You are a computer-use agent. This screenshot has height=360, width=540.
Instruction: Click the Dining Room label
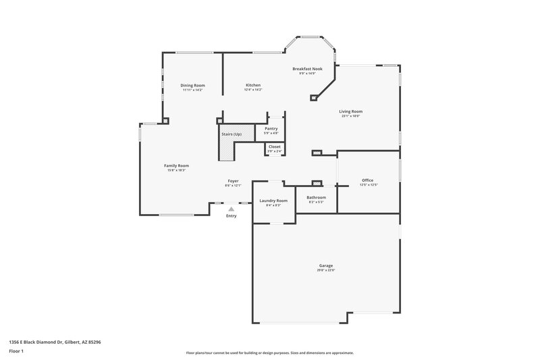(192, 85)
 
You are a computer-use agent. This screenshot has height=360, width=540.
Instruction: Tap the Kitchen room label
(252, 85)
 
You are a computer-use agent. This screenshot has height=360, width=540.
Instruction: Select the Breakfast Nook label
(307, 69)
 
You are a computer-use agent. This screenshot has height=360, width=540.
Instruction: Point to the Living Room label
(350, 111)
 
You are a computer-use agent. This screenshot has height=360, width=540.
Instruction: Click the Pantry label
(271, 128)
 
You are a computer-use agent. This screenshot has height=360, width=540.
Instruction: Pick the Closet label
(274, 147)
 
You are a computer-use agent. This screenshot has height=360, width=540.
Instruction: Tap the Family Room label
(176, 165)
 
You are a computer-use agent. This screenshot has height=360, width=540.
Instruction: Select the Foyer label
(233, 181)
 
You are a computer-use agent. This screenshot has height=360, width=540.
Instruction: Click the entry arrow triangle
(231, 209)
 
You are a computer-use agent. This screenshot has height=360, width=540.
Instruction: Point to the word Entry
(231, 216)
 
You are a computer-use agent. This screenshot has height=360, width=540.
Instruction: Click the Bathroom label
(316, 197)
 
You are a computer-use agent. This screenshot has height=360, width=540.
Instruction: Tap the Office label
(368, 180)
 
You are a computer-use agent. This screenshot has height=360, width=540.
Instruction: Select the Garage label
(326, 265)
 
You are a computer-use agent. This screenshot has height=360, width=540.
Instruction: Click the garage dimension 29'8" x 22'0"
(326, 270)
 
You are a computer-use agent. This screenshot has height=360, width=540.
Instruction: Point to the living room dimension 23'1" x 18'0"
(350, 116)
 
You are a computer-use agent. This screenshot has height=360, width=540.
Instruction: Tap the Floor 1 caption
(16, 352)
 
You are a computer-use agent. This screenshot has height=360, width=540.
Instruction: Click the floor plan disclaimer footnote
(269, 353)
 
